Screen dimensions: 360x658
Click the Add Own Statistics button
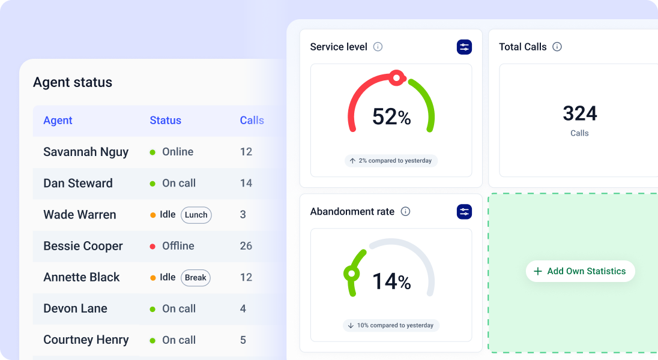580,271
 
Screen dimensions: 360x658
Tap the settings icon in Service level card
464,47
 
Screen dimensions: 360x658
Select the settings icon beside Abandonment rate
464,212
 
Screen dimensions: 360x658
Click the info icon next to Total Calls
557,47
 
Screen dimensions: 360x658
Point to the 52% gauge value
391,117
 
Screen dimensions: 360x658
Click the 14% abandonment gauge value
391,281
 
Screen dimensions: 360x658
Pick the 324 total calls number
579,113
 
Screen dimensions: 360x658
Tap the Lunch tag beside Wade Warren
196,215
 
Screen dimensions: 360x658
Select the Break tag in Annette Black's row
195,277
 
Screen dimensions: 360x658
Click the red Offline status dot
153,246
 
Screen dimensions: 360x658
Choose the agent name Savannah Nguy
86,152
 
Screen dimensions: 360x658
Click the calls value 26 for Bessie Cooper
246,246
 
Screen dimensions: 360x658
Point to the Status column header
165,121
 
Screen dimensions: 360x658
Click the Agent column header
58,121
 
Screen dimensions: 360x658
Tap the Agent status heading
73,82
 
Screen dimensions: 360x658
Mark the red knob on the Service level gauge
396,77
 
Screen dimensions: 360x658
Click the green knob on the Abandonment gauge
351,274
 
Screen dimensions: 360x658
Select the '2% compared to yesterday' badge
391,161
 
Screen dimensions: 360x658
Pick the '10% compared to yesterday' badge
391,325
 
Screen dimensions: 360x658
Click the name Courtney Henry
86,340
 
